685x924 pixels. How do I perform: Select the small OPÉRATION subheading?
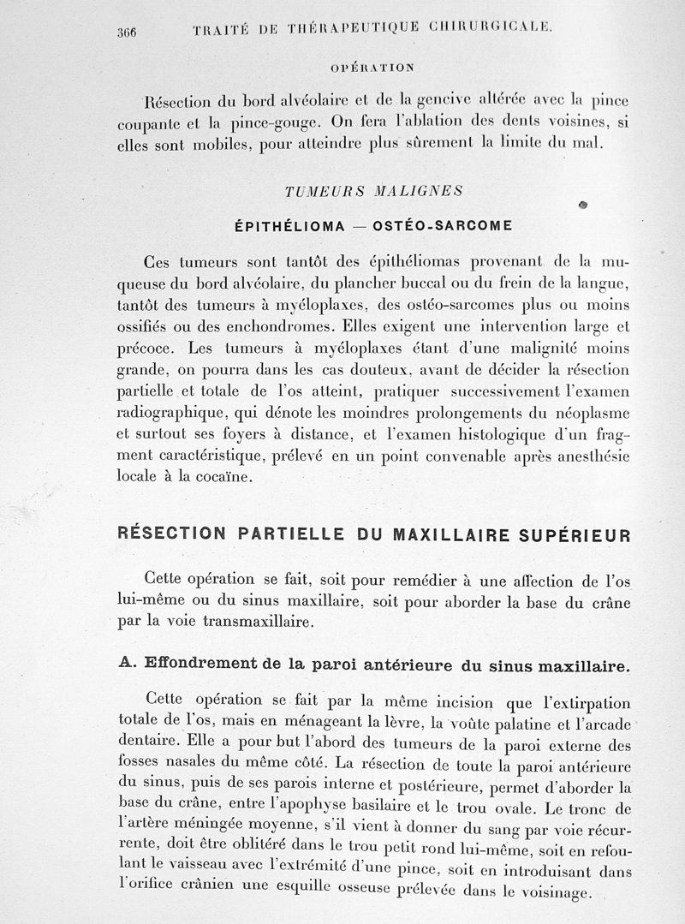point(372,66)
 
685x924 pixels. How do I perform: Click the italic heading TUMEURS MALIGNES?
point(373,191)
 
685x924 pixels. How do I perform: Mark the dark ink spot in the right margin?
point(583,205)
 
